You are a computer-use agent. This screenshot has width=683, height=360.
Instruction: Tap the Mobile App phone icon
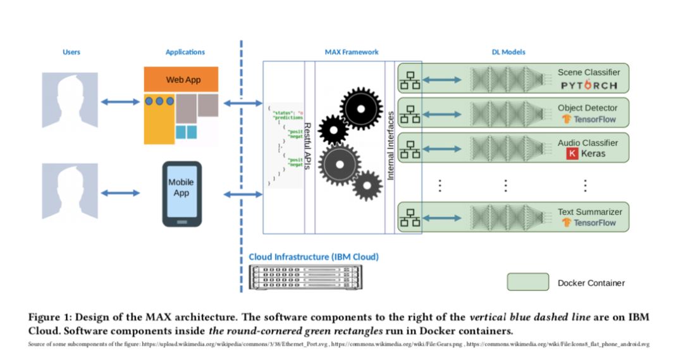pyautogui.click(x=182, y=194)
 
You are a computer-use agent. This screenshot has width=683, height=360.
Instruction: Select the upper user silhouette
pyautogui.click(x=70, y=101)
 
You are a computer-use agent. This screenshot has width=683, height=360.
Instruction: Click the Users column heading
pyautogui.click(x=71, y=52)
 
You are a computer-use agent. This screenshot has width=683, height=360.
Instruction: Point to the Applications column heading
pyautogui.click(x=185, y=52)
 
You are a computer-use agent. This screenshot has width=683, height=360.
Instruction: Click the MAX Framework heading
pyautogui.click(x=352, y=52)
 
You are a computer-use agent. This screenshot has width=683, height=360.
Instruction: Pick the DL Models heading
pyautogui.click(x=508, y=52)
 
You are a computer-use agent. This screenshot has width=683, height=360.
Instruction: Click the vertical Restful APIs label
pyautogui.click(x=309, y=146)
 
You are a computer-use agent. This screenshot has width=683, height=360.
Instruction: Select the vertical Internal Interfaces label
pyautogui.click(x=390, y=146)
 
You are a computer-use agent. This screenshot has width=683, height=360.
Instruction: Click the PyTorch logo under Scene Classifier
pyautogui.click(x=588, y=85)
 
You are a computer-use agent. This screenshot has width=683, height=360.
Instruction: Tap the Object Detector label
pyautogui.click(x=588, y=108)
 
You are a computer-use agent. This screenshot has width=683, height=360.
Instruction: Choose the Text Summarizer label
pyautogui.click(x=589, y=212)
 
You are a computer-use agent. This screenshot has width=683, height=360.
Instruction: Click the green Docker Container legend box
pyautogui.click(x=527, y=282)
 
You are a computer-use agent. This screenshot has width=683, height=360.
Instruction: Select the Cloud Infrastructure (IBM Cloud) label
pyautogui.click(x=314, y=257)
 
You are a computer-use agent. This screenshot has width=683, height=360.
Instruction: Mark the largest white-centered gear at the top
pyautogui.click(x=361, y=109)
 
